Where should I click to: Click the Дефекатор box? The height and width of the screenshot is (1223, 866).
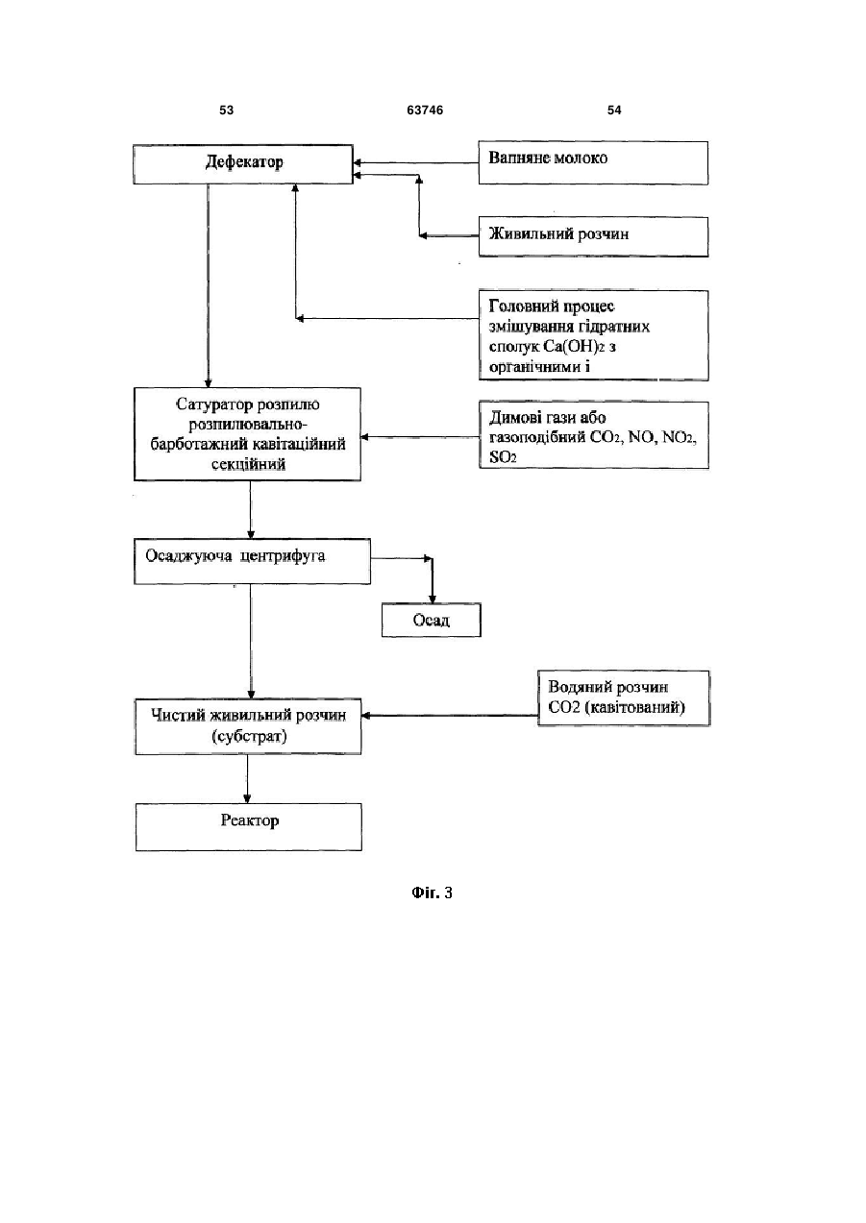(243, 164)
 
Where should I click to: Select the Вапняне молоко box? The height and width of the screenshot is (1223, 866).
(593, 162)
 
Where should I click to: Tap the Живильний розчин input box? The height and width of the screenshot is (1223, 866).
(593, 236)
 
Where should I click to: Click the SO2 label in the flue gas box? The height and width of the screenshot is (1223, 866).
(503, 457)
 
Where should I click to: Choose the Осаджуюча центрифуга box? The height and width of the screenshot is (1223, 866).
(252, 561)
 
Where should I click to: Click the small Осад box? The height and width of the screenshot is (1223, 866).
(432, 620)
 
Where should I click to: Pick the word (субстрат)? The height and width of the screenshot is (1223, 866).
(249, 737)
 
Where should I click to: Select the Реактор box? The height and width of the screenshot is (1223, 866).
(249, 826)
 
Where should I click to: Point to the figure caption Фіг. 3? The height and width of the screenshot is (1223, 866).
(432, 893)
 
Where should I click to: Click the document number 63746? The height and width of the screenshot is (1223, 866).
(425, 110)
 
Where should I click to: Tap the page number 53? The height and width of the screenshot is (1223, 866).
(226, 110)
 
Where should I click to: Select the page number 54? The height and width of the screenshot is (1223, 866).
(614, 110)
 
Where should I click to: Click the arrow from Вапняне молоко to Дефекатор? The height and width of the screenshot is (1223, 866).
(416, 162)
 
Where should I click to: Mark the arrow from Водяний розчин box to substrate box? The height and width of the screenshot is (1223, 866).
(450, 715)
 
